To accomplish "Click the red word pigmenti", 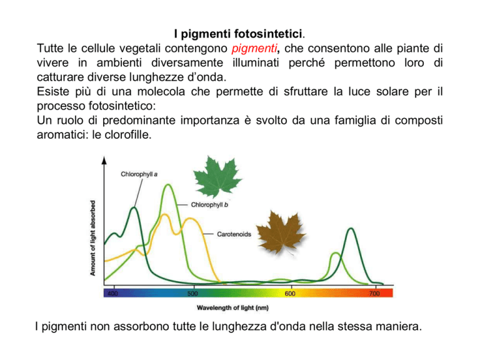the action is pyautogui.click(x=254, y=49).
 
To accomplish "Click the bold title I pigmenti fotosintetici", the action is pyautogui.click(x=238, y=34).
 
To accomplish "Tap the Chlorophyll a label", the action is pyautogui.click(x=139, y=174).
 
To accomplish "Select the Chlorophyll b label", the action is pyautogui.click(x=209, y=205).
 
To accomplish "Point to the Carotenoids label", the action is pyautogui.click(x=234, y=234).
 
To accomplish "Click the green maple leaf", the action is pyautogui.click(x=217, y=176).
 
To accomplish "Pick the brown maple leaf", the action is pyautogui.click(x=280, y=233).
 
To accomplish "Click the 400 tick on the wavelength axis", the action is pyautogui.click(x=112, y=294).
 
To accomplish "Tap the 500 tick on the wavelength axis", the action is pyautogui.click(x=192, y=294).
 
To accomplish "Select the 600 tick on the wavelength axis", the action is pyautogui.click(x=290, y=294).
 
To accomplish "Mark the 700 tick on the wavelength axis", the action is pyautogui.click(x=374, y=294).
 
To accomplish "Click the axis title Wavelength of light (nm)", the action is pyautogui.click(x=232, y=308).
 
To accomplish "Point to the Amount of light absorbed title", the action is pyautogui.click(x=92, y=238).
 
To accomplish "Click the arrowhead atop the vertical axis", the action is pyautogui.click(x=104, y=160).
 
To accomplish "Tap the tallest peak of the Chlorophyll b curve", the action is pyautogui.click(x=167, y=184).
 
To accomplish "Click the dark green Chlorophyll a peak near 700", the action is pyautogui.click(x=351, y=229).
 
